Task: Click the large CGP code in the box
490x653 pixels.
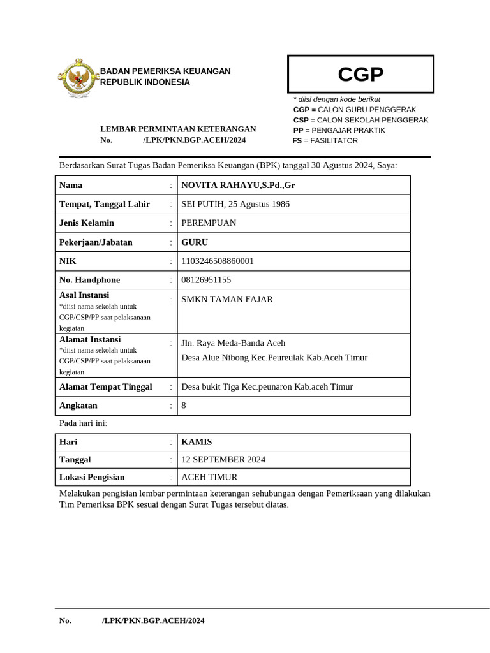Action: [360, 75]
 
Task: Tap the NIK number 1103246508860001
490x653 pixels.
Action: [218, 261]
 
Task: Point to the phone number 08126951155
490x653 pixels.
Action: [206, 280]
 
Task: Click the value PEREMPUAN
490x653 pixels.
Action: [209, 223]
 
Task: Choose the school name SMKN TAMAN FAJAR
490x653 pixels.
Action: [227, 299]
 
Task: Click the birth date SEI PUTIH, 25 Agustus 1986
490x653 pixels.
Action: [235, 204]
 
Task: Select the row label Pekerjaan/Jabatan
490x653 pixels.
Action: [96, 242]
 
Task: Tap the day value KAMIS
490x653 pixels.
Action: [197, 442]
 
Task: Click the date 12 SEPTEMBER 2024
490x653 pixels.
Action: [223, 460]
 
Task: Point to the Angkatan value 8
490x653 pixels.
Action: [184, 406]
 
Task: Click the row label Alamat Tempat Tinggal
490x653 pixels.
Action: [105, 386]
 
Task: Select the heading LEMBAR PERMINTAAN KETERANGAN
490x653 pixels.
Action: [178, 129]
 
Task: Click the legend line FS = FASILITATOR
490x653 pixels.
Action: [325, 140]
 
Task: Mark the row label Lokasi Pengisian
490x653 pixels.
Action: [92, 477]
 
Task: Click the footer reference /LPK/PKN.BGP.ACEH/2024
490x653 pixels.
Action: [153, 620]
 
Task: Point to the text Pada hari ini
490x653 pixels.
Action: [83, 423]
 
